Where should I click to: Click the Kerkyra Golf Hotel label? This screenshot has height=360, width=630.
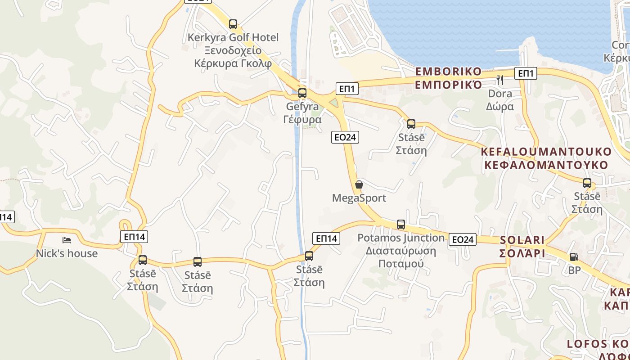tap(233, 50)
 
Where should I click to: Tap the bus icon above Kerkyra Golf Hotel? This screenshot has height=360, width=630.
tap(233, 24)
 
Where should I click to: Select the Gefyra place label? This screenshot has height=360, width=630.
tap(302, 113)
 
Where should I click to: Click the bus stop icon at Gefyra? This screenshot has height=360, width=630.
tap(302, 93)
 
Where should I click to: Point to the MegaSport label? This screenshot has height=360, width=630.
tap(359, 198)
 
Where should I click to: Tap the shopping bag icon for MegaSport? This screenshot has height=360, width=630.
tap(359, 184)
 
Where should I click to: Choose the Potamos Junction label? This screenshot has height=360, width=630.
tap(401, 250)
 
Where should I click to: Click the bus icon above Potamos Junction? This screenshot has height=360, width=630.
tap(401, 224)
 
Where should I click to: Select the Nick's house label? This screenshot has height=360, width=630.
tap(67, 253)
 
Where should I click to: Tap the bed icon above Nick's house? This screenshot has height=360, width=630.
tap(67, 240)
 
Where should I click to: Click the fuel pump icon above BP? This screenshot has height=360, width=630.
tap(574, 257)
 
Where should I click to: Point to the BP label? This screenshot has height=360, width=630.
tap(574, 270)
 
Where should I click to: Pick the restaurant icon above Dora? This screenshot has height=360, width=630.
tap(500, 80)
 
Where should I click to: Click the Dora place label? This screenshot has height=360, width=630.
tap(500, 100)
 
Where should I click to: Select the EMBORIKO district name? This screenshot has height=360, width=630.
tap(448, 78)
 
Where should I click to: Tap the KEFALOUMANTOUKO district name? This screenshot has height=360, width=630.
tap(546, 158)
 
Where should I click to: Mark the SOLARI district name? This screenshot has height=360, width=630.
tap(522, 247)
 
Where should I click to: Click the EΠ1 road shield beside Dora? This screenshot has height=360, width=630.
tap(526, 73)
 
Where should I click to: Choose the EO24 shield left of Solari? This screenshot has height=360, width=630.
tap(463, 239)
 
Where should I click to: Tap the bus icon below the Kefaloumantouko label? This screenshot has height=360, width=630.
tap(587, 183)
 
